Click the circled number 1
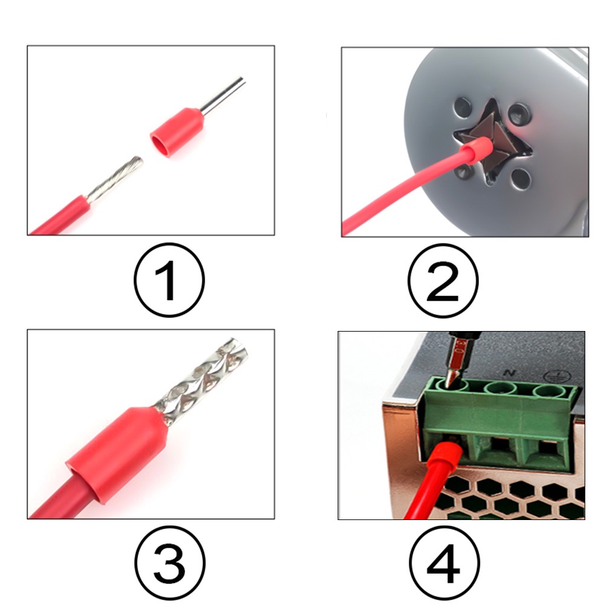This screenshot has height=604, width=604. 169,280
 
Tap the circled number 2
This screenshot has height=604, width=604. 443,281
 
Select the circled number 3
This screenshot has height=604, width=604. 170,563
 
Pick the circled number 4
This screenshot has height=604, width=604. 444,563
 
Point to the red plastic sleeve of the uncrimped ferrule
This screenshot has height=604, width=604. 177,132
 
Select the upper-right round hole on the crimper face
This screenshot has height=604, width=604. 519,114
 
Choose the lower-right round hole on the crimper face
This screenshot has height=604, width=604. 522,179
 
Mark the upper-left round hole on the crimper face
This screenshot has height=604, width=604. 463,108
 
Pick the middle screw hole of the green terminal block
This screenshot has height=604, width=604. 501,388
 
